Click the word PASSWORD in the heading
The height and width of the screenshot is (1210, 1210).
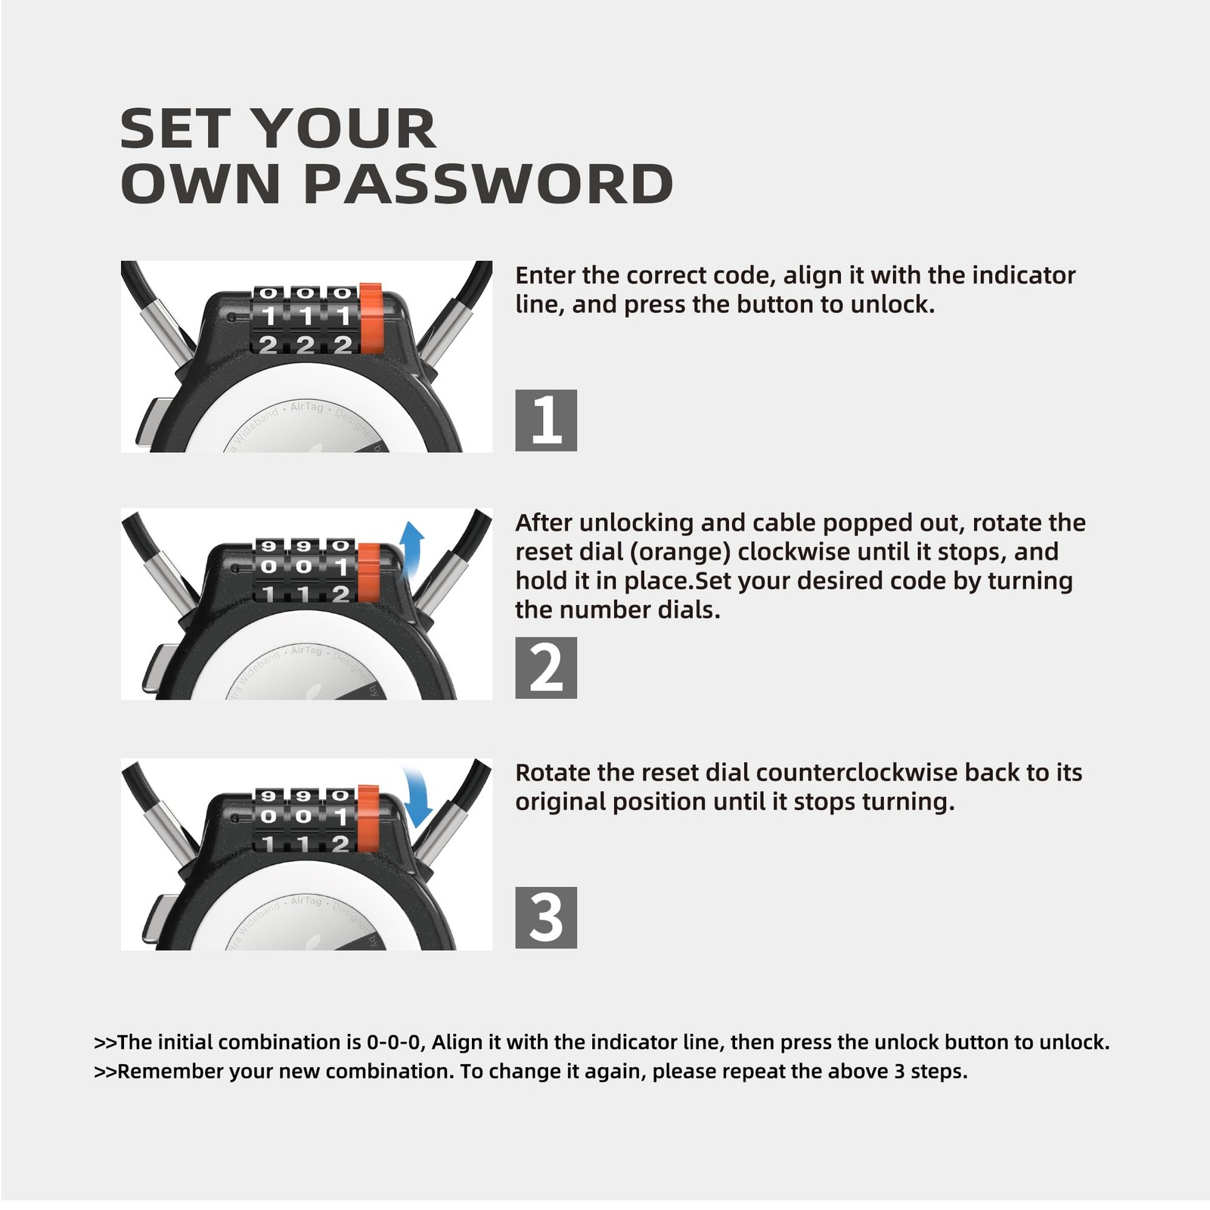[x=488, y=184]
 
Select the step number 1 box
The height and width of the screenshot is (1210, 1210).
[x=546, y=420]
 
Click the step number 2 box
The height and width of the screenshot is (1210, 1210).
[x=546, y=668]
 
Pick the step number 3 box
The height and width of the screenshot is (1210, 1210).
[x=546, y=918]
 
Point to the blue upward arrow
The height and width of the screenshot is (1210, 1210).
[x=411, y=548]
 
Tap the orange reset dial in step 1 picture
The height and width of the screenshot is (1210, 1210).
[x=371, y=318]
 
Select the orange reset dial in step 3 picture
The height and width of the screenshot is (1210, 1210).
[x=368, y=818]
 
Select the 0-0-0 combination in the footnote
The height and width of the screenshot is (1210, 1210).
[x=393, y=1042]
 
